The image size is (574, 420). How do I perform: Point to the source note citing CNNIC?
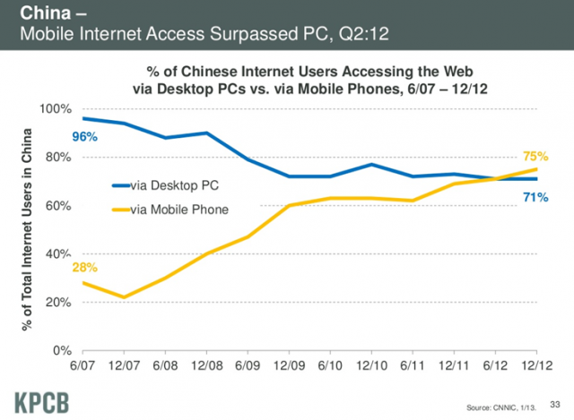(497, 407)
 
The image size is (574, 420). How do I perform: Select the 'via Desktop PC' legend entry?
(174, 186)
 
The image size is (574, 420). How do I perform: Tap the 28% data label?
(85, 267)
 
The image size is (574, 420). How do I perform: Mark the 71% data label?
(536, 196)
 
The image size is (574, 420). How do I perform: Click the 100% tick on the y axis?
(55, 109)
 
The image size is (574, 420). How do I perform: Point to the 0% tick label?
(61, 351)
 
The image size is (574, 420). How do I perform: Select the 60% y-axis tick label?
(58, 206)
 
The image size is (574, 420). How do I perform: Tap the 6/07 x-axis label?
(83, 367)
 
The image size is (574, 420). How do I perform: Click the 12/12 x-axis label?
(536, 367)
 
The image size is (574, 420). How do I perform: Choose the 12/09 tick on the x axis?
(289, 367)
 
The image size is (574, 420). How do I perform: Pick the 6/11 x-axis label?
(413, 367)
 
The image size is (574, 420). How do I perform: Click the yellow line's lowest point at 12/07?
(124, 297)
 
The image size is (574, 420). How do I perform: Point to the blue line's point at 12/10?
(371, 165)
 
